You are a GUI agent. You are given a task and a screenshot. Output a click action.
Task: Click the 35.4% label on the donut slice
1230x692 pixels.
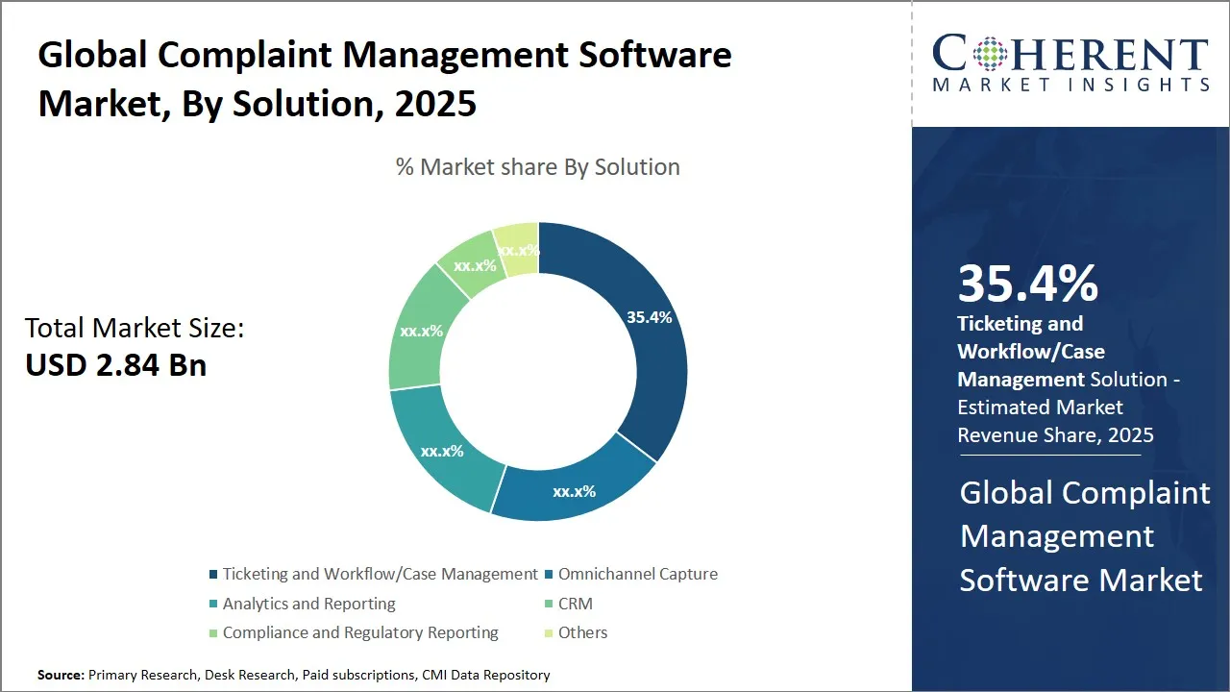coord(649,317)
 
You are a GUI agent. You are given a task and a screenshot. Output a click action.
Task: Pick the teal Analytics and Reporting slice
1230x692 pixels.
coord(442,450)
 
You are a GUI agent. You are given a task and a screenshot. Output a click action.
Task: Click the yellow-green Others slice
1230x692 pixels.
coord(518,249)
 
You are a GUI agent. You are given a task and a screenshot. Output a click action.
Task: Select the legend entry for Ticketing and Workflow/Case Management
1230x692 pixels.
coord(380,574)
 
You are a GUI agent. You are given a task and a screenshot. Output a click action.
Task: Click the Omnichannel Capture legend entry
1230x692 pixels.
coord(637,574)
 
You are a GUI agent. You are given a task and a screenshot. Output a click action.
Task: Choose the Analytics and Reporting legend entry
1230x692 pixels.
coord(308,604)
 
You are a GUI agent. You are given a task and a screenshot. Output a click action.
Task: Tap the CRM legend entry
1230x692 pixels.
coord(575,604)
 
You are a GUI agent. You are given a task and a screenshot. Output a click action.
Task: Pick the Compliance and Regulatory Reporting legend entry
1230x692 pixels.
coord(360,632)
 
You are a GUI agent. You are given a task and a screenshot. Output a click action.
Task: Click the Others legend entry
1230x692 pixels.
coord(582,632)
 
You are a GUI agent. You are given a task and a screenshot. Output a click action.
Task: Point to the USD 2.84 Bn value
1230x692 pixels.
coord(115,365)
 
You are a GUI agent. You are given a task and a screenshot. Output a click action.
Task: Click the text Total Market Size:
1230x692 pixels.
coord(135,328)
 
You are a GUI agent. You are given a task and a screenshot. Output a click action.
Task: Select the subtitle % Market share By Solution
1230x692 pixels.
coord(538,166)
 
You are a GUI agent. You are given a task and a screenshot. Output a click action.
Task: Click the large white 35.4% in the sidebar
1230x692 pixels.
coord(1027,284)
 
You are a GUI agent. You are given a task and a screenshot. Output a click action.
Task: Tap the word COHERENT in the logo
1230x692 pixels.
coord(1070,54)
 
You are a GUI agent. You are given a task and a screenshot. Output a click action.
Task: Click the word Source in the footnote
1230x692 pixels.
coord(60,675)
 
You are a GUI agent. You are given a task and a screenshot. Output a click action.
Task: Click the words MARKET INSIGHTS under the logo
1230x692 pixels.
coord(1070,86)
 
